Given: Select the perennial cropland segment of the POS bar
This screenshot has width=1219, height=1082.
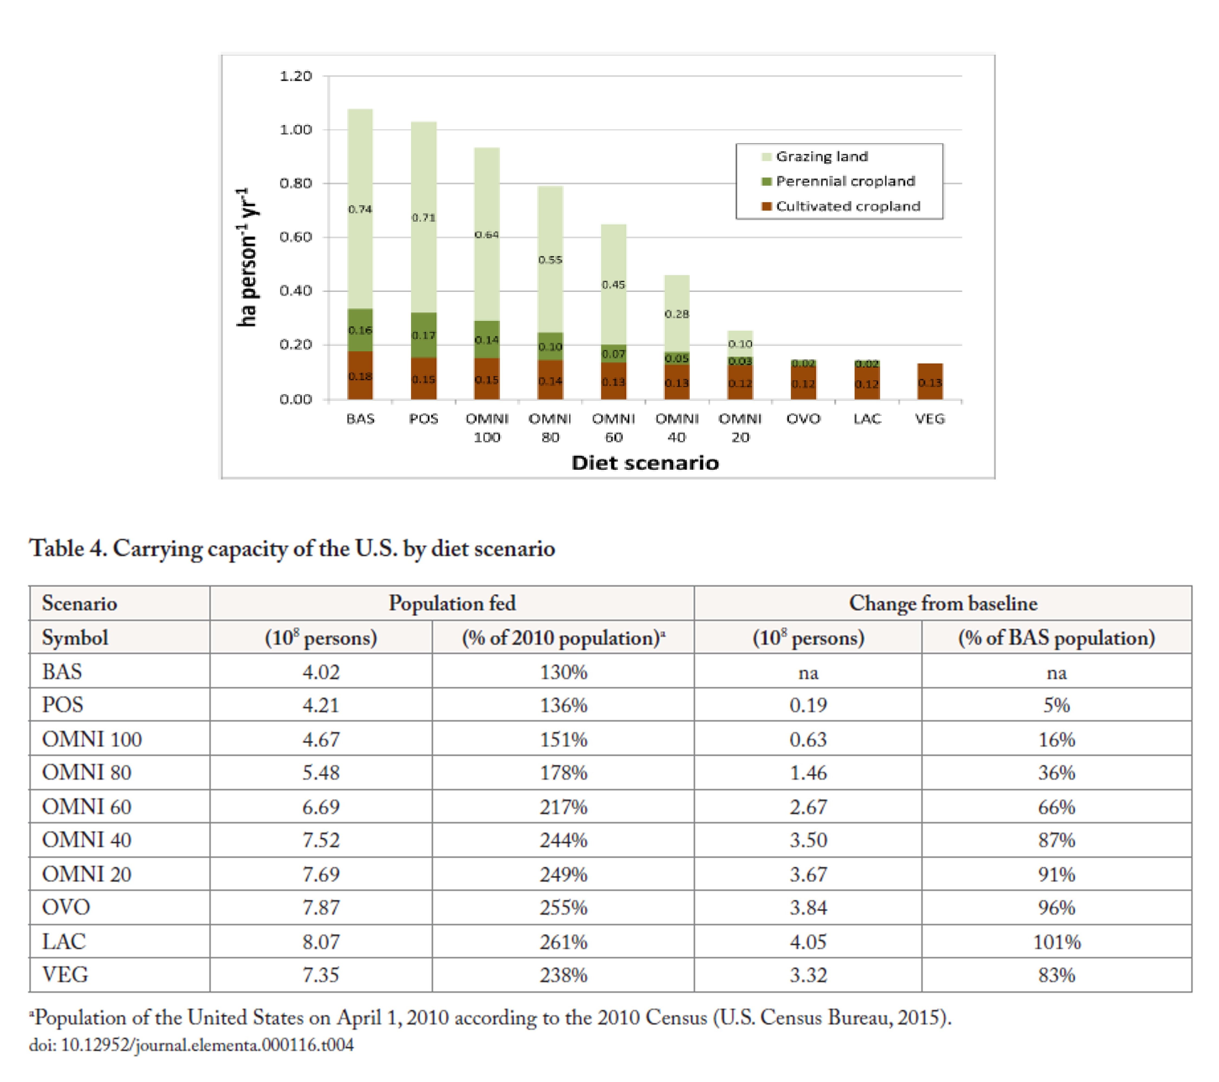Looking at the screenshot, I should [424, 335].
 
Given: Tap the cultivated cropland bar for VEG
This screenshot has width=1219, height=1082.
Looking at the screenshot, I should [930, 382].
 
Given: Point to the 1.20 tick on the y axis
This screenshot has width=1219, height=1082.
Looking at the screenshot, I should [296, 76].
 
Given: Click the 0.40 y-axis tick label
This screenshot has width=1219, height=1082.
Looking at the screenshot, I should [296, 291].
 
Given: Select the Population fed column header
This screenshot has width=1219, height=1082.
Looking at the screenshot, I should [452, 603].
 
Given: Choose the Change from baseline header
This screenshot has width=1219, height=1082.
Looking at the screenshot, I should [943, 603].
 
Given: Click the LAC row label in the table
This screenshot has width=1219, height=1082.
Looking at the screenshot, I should [64, 941].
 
